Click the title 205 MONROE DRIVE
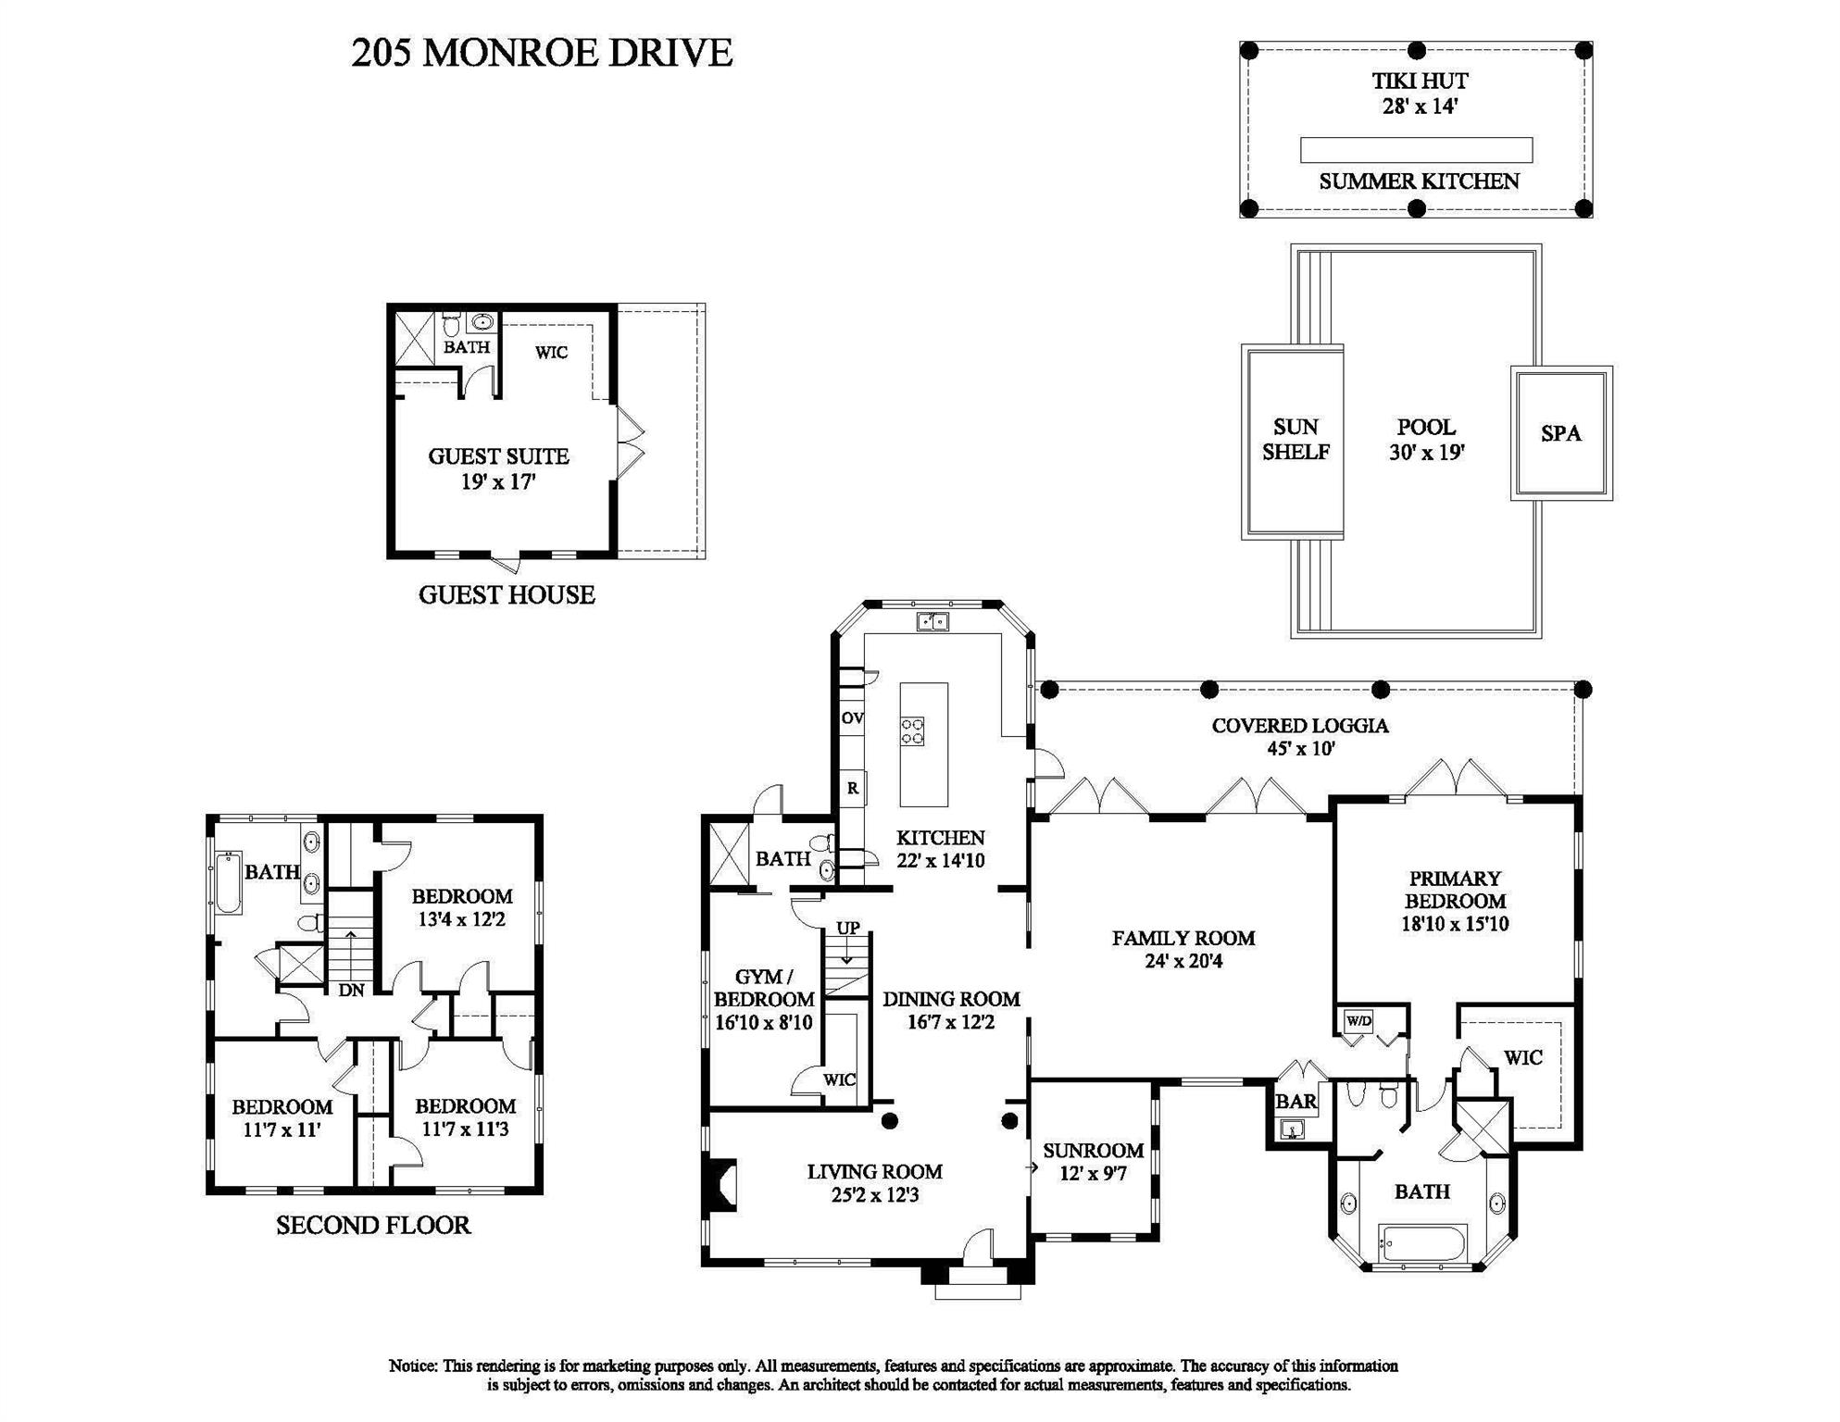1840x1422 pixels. (542, 53)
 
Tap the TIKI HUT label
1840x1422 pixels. (1419, 81)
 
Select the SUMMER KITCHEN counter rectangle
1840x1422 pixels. (1416, 150)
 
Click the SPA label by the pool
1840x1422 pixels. (1560, 433)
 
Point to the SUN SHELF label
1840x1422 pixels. (1295, 440)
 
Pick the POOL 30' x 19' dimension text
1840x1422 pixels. (1425, 453)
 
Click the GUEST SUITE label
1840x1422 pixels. (498, 456)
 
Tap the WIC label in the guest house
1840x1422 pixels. (551, 353)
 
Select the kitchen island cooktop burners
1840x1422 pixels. (912, 731)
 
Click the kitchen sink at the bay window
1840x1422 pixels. (933, 621)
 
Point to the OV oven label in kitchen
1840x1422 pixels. (852, 718)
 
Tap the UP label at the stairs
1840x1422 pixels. (848, 928)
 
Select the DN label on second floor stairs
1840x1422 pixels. (351, 990)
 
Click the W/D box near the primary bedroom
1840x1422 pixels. (1358, 1021)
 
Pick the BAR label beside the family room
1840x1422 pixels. (1296, 1102)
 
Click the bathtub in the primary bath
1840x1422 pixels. (1422, 1242)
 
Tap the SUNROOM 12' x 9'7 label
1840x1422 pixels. (1093, 1162)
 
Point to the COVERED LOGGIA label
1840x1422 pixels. (1299, 726)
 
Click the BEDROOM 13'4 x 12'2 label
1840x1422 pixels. (461, 907)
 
